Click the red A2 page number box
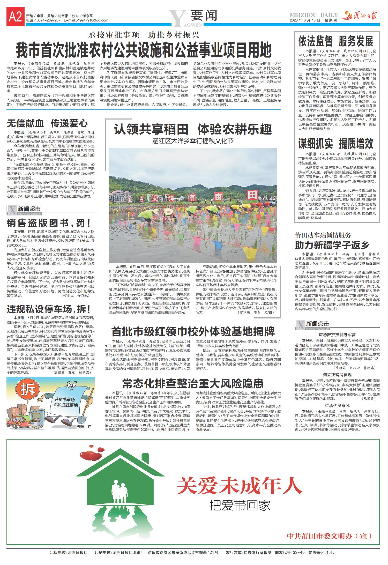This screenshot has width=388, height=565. click(15, 18)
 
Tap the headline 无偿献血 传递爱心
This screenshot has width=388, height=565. click(47, 123)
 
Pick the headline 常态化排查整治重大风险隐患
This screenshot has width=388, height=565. click(193, 384)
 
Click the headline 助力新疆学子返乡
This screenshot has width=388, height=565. click(332, 245)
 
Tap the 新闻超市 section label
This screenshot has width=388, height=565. click(29, 209)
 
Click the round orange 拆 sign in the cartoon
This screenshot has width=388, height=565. click(28, 390)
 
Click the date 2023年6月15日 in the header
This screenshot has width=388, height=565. click(305, 20)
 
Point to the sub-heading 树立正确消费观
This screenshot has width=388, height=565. click(337, 375)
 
